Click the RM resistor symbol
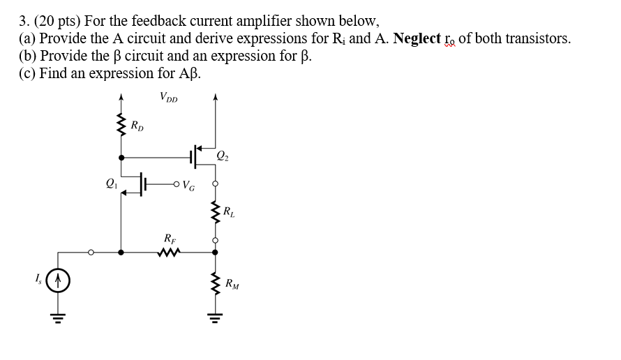coord(215,285)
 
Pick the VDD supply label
coord(168,98)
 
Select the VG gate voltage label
coord(188,186)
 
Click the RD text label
coord(138,126)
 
